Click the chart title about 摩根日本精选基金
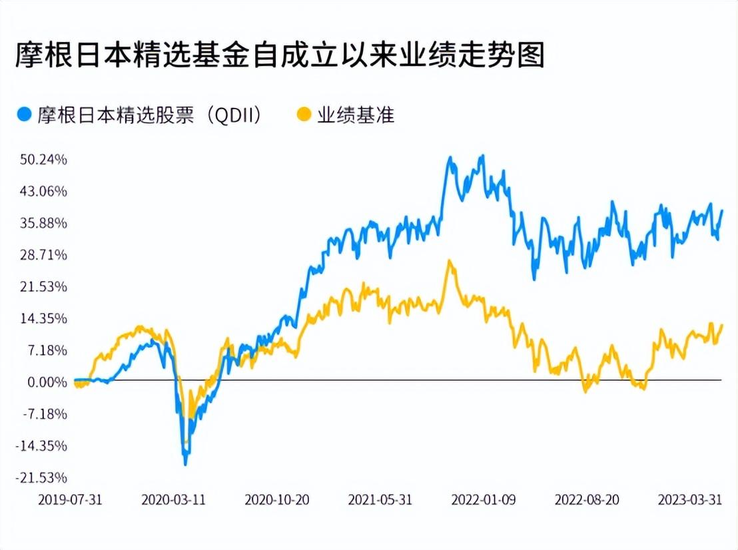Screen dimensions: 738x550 click(280, 55)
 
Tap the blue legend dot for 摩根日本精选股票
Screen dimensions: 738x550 click(24, 115)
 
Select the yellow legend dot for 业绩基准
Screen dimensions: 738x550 click(304, 115)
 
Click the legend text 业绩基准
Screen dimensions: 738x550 click(356, 115)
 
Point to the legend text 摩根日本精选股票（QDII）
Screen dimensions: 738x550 click(149, 115)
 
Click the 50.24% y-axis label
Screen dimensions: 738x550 click(43, 160)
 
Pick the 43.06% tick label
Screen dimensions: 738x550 click(43, 192)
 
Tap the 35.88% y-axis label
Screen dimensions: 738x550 click(43, 223)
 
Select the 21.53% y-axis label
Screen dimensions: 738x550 click(43, 286)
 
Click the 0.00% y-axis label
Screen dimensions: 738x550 click(47, 382)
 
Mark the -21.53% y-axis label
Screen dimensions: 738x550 click(41, 478)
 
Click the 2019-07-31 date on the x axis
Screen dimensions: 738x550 click(70, 499)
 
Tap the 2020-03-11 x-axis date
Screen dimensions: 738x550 click(174, 499)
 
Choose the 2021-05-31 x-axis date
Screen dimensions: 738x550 click(380, 499)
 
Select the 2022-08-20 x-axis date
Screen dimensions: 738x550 click(587, 499)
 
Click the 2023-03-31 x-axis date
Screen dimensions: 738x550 click(690, 499)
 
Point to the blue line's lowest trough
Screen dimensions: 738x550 click(185, 464)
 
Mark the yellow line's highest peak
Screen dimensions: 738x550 click(450, 260)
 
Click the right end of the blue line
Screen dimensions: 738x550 click(722, 210)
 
